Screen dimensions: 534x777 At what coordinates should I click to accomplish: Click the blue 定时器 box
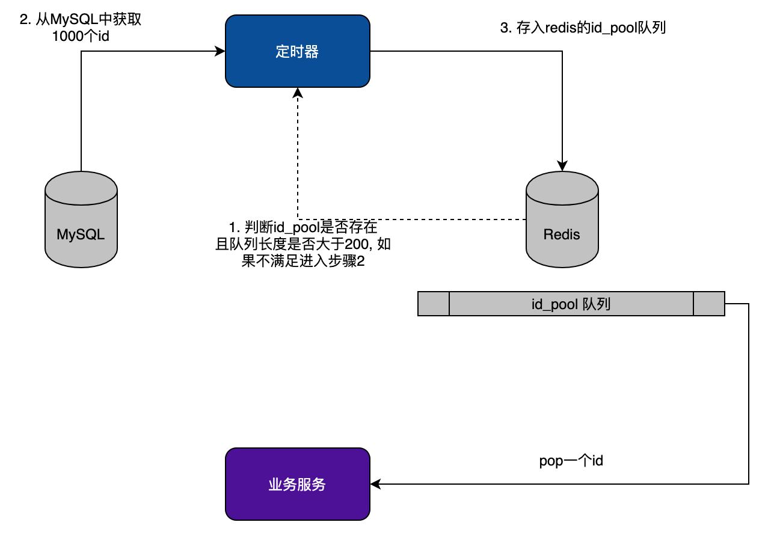(x=297, y=52)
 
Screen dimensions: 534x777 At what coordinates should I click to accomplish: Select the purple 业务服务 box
(x=297, y=484)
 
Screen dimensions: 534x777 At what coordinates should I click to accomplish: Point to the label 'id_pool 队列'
(x=571, y=304)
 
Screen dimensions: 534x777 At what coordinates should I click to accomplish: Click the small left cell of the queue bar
(x=434, y=304)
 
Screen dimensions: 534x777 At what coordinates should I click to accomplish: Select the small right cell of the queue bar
(x=709, y=304)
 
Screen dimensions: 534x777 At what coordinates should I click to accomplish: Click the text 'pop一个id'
(x=571, y=461)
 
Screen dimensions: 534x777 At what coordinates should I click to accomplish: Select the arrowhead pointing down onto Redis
(x=562, y=166)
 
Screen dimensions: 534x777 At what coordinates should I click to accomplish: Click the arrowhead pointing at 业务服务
(x=375, y=483)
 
